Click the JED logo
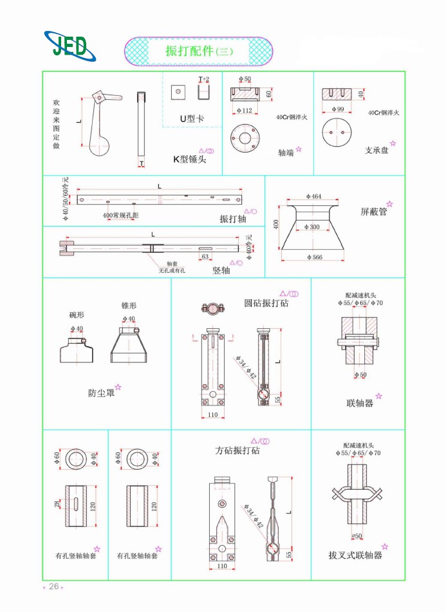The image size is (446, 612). coord(70,46)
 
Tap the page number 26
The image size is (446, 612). coord(53,586)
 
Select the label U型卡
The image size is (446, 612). coord(191,118)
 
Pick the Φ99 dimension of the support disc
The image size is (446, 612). coord(337,109)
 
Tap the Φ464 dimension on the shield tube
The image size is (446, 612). coord(313,196)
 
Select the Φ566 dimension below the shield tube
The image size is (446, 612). coord(313,257)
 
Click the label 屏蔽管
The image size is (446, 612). coord(373,211)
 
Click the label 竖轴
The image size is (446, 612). coord(221,271)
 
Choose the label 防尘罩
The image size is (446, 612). coord(101,393)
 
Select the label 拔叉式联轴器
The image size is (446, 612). coord(355,554)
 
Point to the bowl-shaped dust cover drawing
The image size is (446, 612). coord(77,351)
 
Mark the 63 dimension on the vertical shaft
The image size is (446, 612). coord(205,257)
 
